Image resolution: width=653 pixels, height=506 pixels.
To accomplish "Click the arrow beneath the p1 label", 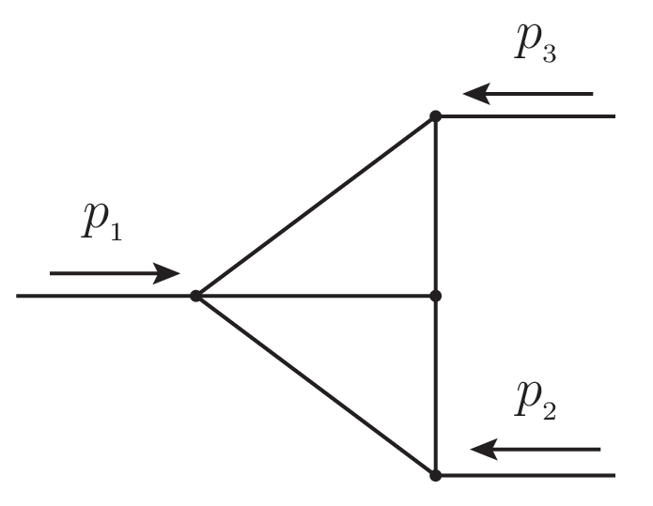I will (114, 273).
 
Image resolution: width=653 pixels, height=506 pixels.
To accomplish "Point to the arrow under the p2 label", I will (535, 450).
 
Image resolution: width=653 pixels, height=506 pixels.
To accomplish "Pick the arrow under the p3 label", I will (528, 94).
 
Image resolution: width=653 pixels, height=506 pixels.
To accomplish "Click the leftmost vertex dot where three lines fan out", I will (195, 296).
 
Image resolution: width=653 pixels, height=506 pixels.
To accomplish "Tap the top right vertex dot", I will (435, 116).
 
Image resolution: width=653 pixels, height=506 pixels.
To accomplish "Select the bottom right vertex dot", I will (435, 475).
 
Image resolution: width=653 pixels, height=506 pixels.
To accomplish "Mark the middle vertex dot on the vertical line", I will (435, 296).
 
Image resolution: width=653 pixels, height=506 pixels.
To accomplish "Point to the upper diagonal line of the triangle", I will (315, 207).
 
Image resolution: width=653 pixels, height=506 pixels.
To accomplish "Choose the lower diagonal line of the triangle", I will (315, 385).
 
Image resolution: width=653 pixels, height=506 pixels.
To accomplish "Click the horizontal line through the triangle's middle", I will (315, 296).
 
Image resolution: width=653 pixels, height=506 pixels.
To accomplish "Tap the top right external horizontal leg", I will (526, 116).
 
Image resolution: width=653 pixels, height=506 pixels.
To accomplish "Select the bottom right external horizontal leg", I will (526, 475).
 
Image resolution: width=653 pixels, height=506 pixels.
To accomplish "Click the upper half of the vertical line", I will (435, 207).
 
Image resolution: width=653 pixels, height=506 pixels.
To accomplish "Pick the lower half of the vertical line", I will (435, 385).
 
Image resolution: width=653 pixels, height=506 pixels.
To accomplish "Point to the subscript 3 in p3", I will (548, 54).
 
